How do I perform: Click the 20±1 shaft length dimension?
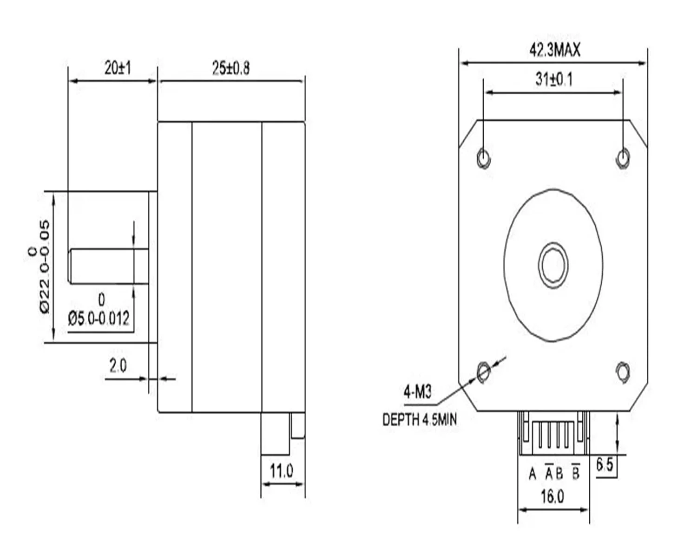point(118,68)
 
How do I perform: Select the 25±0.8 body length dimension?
point(231,68)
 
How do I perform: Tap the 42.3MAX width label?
point(555,50)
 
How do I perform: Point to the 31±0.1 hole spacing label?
point(554,79)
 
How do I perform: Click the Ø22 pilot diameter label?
point(45,267)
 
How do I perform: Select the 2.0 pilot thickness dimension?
point(118,366)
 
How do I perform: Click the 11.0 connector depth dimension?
point(282,471)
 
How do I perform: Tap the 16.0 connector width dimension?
point(552,496)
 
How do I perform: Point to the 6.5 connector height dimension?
point(605,465)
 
